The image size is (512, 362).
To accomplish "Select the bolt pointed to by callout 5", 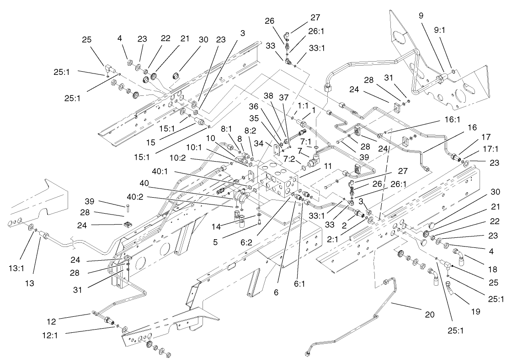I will pyautogui.click(x=259, y=222).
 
